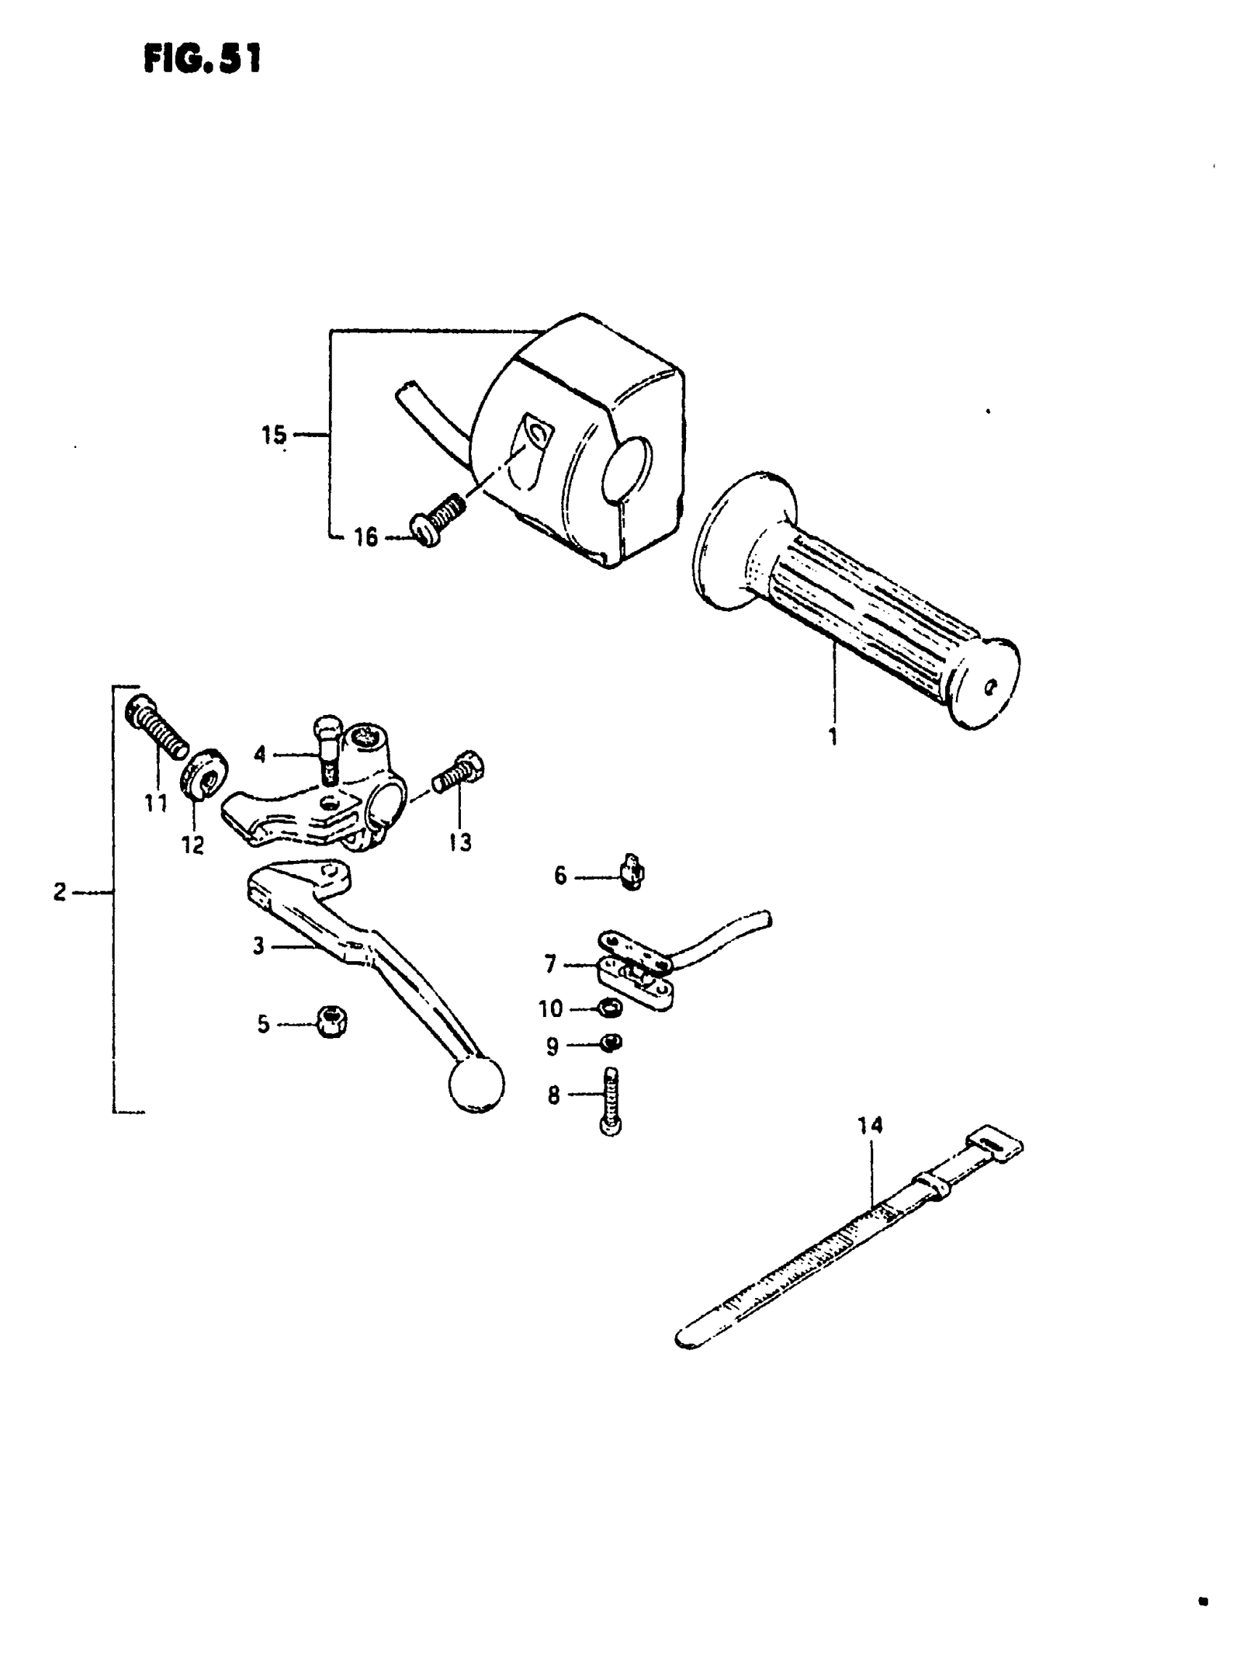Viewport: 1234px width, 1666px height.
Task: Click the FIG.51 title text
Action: click(x=203, y=59)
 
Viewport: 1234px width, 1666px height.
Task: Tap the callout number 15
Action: click(x=274, y=434)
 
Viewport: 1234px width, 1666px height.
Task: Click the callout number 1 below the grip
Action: click(x=833, y=736)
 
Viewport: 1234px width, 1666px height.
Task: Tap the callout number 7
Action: click(x=550, y=965)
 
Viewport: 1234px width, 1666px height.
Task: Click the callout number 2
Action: click(x=60, y=891)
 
